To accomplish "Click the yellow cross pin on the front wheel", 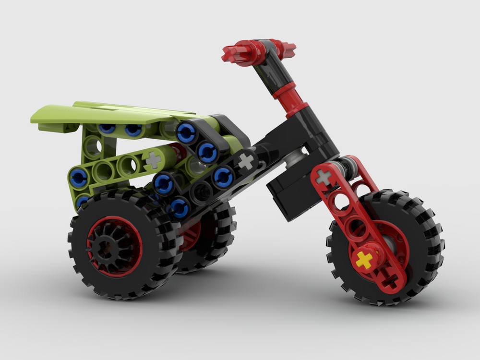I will coord(364,260).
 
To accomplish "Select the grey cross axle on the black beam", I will coord(246,162).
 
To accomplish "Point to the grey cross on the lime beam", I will coord(153,160).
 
